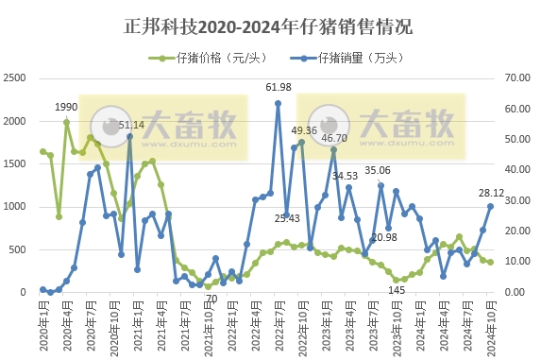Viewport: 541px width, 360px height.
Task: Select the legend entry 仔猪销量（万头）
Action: (x=355, y=58)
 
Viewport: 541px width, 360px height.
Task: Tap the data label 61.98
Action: (x=279, y=88)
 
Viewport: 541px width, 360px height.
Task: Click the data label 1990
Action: (x=66, y=107)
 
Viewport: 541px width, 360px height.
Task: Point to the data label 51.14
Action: (x=131, y=125)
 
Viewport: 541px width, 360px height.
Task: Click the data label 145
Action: (x=397, y=290)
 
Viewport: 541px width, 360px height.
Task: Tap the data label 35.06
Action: (x=378, y=171)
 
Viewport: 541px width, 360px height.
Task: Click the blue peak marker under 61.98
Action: (x=278, y=104)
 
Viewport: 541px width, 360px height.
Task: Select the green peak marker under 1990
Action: (x=66, y=122)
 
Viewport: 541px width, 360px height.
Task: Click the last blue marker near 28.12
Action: (x=490, y=206)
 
